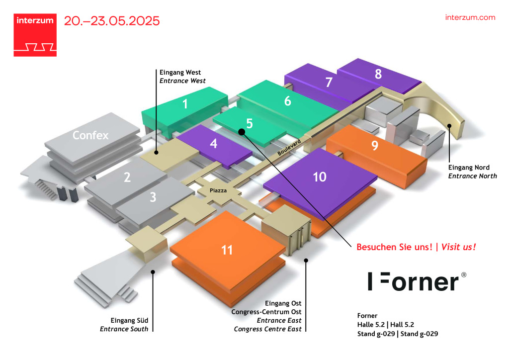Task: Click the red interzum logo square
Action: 35,35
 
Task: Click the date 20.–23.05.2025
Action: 112,21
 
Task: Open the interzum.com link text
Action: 470,17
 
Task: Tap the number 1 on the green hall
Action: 185,104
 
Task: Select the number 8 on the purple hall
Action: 378,74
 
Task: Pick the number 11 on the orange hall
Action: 227,250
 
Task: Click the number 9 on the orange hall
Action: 375,145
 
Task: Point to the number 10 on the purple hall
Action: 320,177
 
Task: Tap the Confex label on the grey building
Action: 90,135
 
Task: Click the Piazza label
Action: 218,190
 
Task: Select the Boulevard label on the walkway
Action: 289,148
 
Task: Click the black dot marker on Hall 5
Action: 242,131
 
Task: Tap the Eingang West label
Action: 180,73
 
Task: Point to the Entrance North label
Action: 473,176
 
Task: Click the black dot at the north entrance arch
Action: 449,126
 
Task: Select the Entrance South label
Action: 124,329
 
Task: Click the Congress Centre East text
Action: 268,329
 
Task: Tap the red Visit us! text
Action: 459,247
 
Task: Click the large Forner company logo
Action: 417,281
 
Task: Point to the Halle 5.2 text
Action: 371,325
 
